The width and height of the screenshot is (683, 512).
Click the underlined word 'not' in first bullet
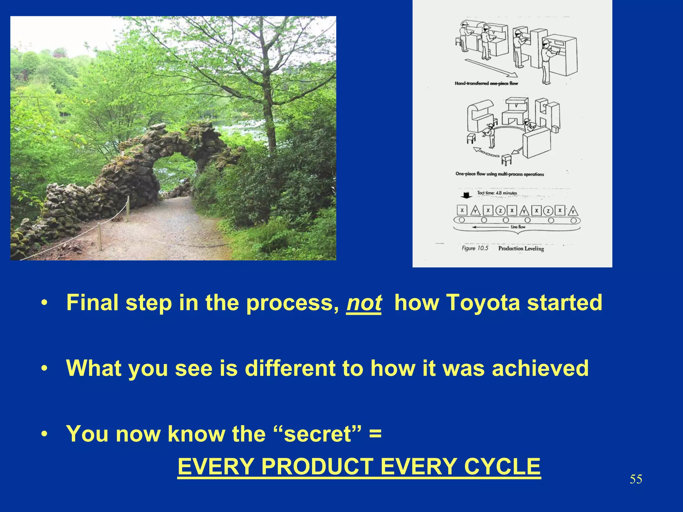pyautogui.click(x=364, y=303)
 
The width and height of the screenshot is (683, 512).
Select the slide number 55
pyautogui.click(x=636, y=479)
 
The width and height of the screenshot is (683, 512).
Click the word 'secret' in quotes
pyautogui.click(x=317, y=434)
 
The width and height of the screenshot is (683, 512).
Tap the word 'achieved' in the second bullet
pyautogui.click(x=540, y=368)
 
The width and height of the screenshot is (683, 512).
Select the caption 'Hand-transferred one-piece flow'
pyautogui.click(x=486, y=83)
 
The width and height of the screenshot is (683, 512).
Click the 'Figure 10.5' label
pyautogui.click(x=475, y=248)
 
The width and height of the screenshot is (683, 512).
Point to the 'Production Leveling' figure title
pyautogui.click(x=521, y=248)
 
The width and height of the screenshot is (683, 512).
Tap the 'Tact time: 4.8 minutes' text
pyautogui.click(x=497, y=193)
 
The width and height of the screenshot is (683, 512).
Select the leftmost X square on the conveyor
pyautogui.click(x=462, y=211)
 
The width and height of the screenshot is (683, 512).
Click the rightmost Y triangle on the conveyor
pyautogui.click(x=573, y=211)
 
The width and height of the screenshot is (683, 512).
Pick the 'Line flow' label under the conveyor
pyautogui.click(x=518, y=227)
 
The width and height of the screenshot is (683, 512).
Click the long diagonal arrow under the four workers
pyautogui.click(x=490, y=68)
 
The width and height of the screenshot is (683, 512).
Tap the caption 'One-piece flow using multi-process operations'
pyautogui.click(x=499, y=174)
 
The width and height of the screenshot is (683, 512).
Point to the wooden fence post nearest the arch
pyautogui.click(x=127, y=204)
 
